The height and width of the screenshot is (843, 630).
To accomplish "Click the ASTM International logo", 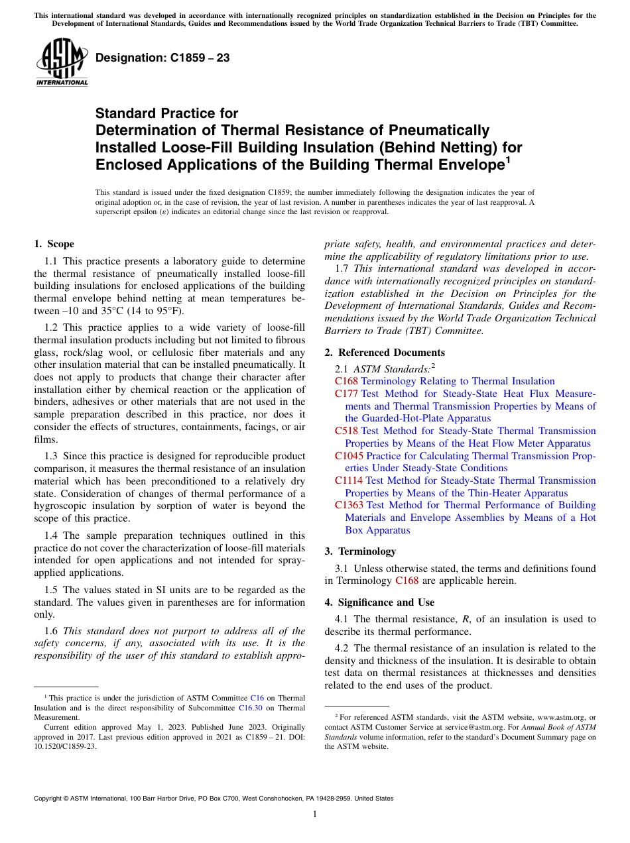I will (x=61, y=62).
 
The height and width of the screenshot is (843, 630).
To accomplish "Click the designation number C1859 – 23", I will (x=162, y=58).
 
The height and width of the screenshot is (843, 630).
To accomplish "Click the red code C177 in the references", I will (x=346, y=394).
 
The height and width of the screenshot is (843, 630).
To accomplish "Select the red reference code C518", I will (x=346, y=431).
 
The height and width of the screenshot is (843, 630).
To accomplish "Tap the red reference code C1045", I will (x=349, y=456).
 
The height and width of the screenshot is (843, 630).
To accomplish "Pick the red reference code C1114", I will (x=349, y=480).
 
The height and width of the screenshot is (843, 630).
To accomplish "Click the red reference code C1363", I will (x=349, y=505).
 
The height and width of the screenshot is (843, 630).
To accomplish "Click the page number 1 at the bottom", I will (x=315, y=815).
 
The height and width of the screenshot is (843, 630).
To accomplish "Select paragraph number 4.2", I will (x=344, y=648).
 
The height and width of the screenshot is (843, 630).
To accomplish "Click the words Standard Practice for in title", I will (x=166, y=113).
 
